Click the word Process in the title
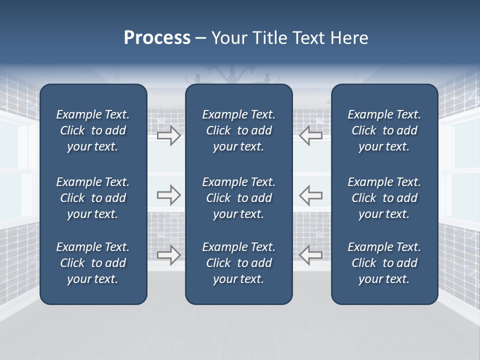tap(157, 38)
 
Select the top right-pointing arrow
tap(169, 135)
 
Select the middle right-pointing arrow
tap(169, 195)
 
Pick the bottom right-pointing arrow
tap(169, 254)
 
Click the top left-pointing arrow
tap(310, 135)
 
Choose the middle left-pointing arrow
tap(310, 195)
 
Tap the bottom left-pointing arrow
tap(310, 254)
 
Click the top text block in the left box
tap(93, 130)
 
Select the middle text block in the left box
tap(93, 198)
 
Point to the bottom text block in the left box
tap(93, 263)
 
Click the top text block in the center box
tap(238, 130)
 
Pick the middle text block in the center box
tap(238, 198)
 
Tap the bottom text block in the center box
tap(238, 263)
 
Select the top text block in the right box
tap(384, 130)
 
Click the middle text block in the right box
tap(384, 198)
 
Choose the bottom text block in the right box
tap(384, 263)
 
